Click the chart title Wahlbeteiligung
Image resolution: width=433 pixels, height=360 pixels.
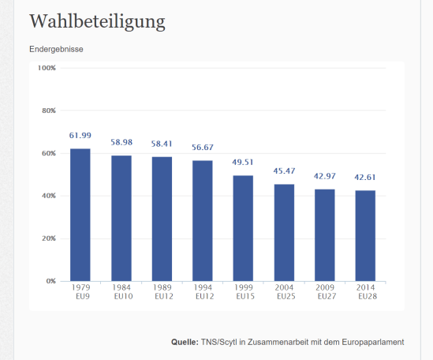[97, 21]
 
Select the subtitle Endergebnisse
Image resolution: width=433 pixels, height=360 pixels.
[56, 49]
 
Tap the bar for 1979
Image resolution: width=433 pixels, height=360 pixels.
[80, 215]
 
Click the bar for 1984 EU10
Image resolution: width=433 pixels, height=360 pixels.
[121, 218]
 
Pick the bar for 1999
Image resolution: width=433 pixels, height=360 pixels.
[244, 228]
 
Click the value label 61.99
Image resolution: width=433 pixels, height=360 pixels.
[80, 137]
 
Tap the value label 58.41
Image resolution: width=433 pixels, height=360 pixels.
[162, 144]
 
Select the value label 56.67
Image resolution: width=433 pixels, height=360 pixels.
[203, 148]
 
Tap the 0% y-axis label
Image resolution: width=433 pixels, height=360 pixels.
[50, 281]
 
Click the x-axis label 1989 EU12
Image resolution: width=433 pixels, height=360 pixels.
[162, 292]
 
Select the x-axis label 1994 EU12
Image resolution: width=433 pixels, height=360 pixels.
[203, 292]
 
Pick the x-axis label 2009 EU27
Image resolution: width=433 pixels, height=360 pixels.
[325, 292]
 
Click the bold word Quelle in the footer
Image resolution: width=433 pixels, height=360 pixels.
[184, 343]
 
